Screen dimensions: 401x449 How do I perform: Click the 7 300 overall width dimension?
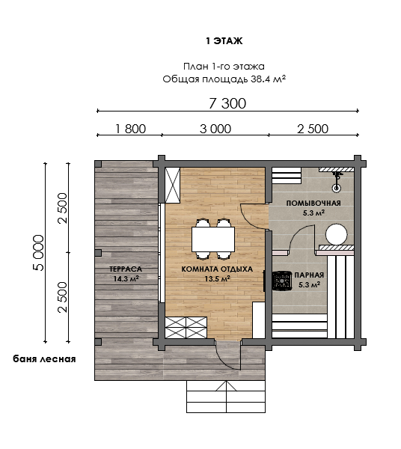227,103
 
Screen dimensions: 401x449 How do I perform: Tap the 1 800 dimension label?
130,129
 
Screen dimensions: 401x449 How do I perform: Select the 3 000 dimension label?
215,129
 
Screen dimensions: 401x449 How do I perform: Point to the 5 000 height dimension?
39,253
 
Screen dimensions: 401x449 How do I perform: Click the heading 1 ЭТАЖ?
224,41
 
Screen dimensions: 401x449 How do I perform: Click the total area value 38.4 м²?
268,79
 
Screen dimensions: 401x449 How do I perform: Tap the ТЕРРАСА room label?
126,269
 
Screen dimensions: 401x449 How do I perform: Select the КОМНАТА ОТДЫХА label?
217,269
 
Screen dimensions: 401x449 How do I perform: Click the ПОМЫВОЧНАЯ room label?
313,204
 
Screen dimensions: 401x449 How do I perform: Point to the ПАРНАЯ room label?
309,275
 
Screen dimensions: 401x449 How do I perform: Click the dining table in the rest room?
213,239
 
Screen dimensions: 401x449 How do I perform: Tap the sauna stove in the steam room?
282,281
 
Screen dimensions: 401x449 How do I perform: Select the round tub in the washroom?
336,234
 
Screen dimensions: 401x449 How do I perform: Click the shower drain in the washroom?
337,188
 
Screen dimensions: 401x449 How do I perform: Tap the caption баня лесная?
44,358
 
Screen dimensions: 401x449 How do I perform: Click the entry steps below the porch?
226,397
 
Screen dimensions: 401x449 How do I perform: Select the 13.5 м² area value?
218,278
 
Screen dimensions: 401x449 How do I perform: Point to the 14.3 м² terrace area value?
126,278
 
